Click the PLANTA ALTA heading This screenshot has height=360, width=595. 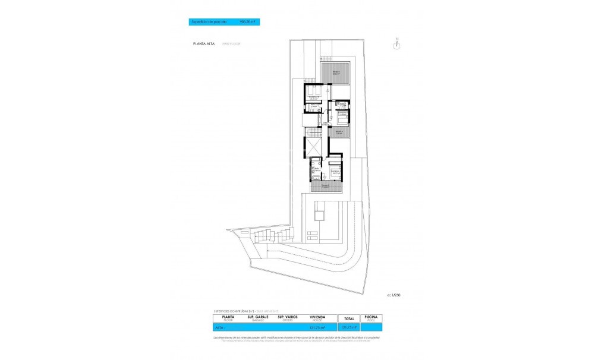tap(204, 44)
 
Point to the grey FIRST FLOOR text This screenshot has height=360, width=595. tap(232, 44)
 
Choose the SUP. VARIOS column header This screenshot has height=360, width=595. tap(288, 318)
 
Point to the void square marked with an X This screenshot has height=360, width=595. tap(313, 145)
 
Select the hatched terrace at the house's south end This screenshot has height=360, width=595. tap(326, 186)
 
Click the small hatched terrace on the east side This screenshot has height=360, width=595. tap(339, 132)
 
